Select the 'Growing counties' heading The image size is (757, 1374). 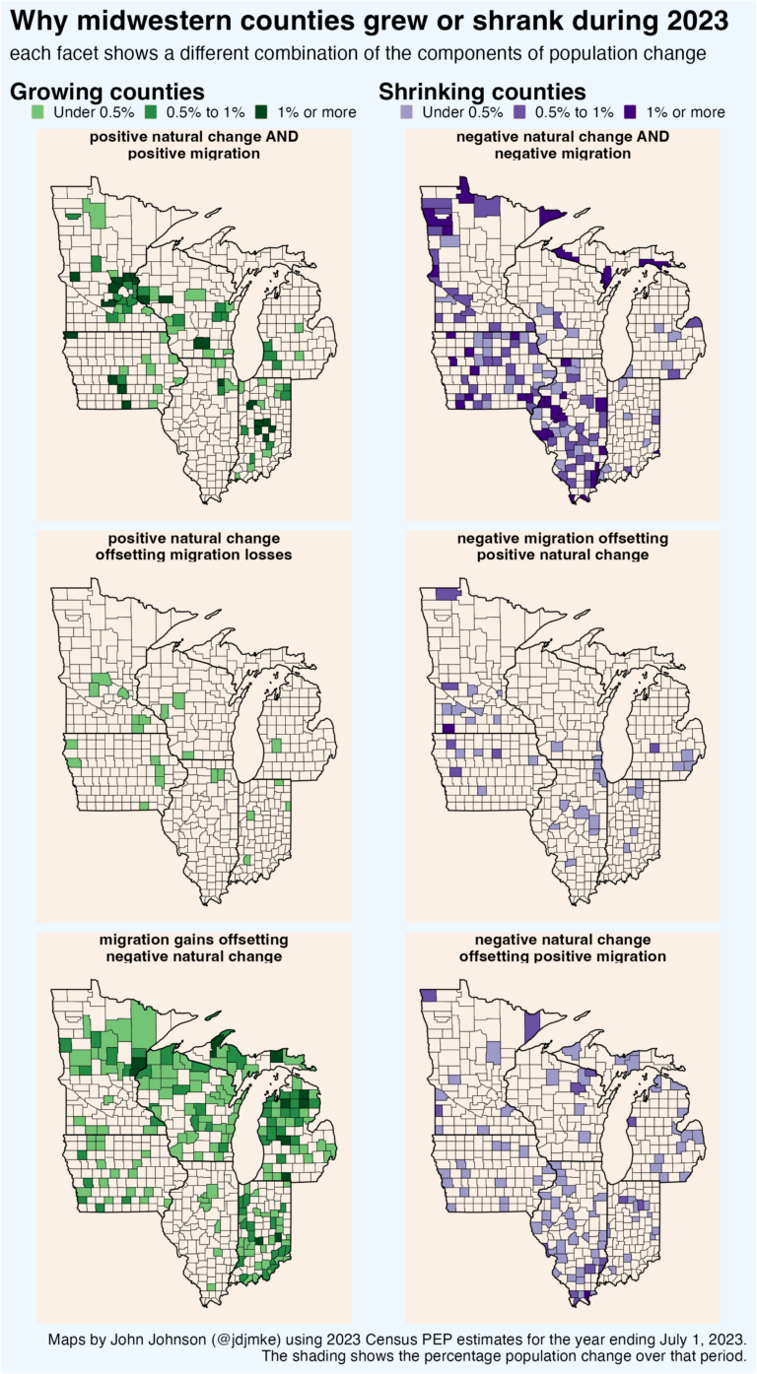(x=107, y=92)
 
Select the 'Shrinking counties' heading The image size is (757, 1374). (x=483, y=92)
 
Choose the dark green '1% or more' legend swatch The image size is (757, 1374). (x=263, y=112)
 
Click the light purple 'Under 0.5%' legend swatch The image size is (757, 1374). (x=405, y=112)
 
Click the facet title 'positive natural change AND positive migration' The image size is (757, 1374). (x=194, y=145)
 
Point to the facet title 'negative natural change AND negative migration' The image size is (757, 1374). (x=563, y=145)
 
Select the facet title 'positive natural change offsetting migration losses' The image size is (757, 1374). (x=194, y=547)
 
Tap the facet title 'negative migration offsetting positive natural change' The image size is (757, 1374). (x=563, y=547)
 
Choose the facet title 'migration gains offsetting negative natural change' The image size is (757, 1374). (x=194, y=948)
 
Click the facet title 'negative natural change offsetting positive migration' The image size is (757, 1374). (x=563, y=948)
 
